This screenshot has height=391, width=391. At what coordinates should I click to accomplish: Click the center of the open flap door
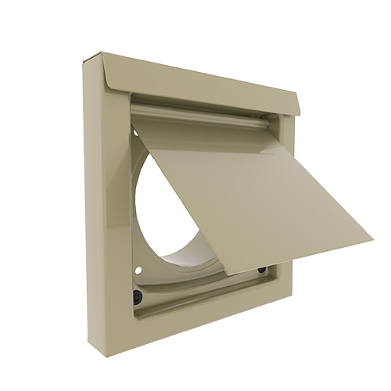tap(235, 192)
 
